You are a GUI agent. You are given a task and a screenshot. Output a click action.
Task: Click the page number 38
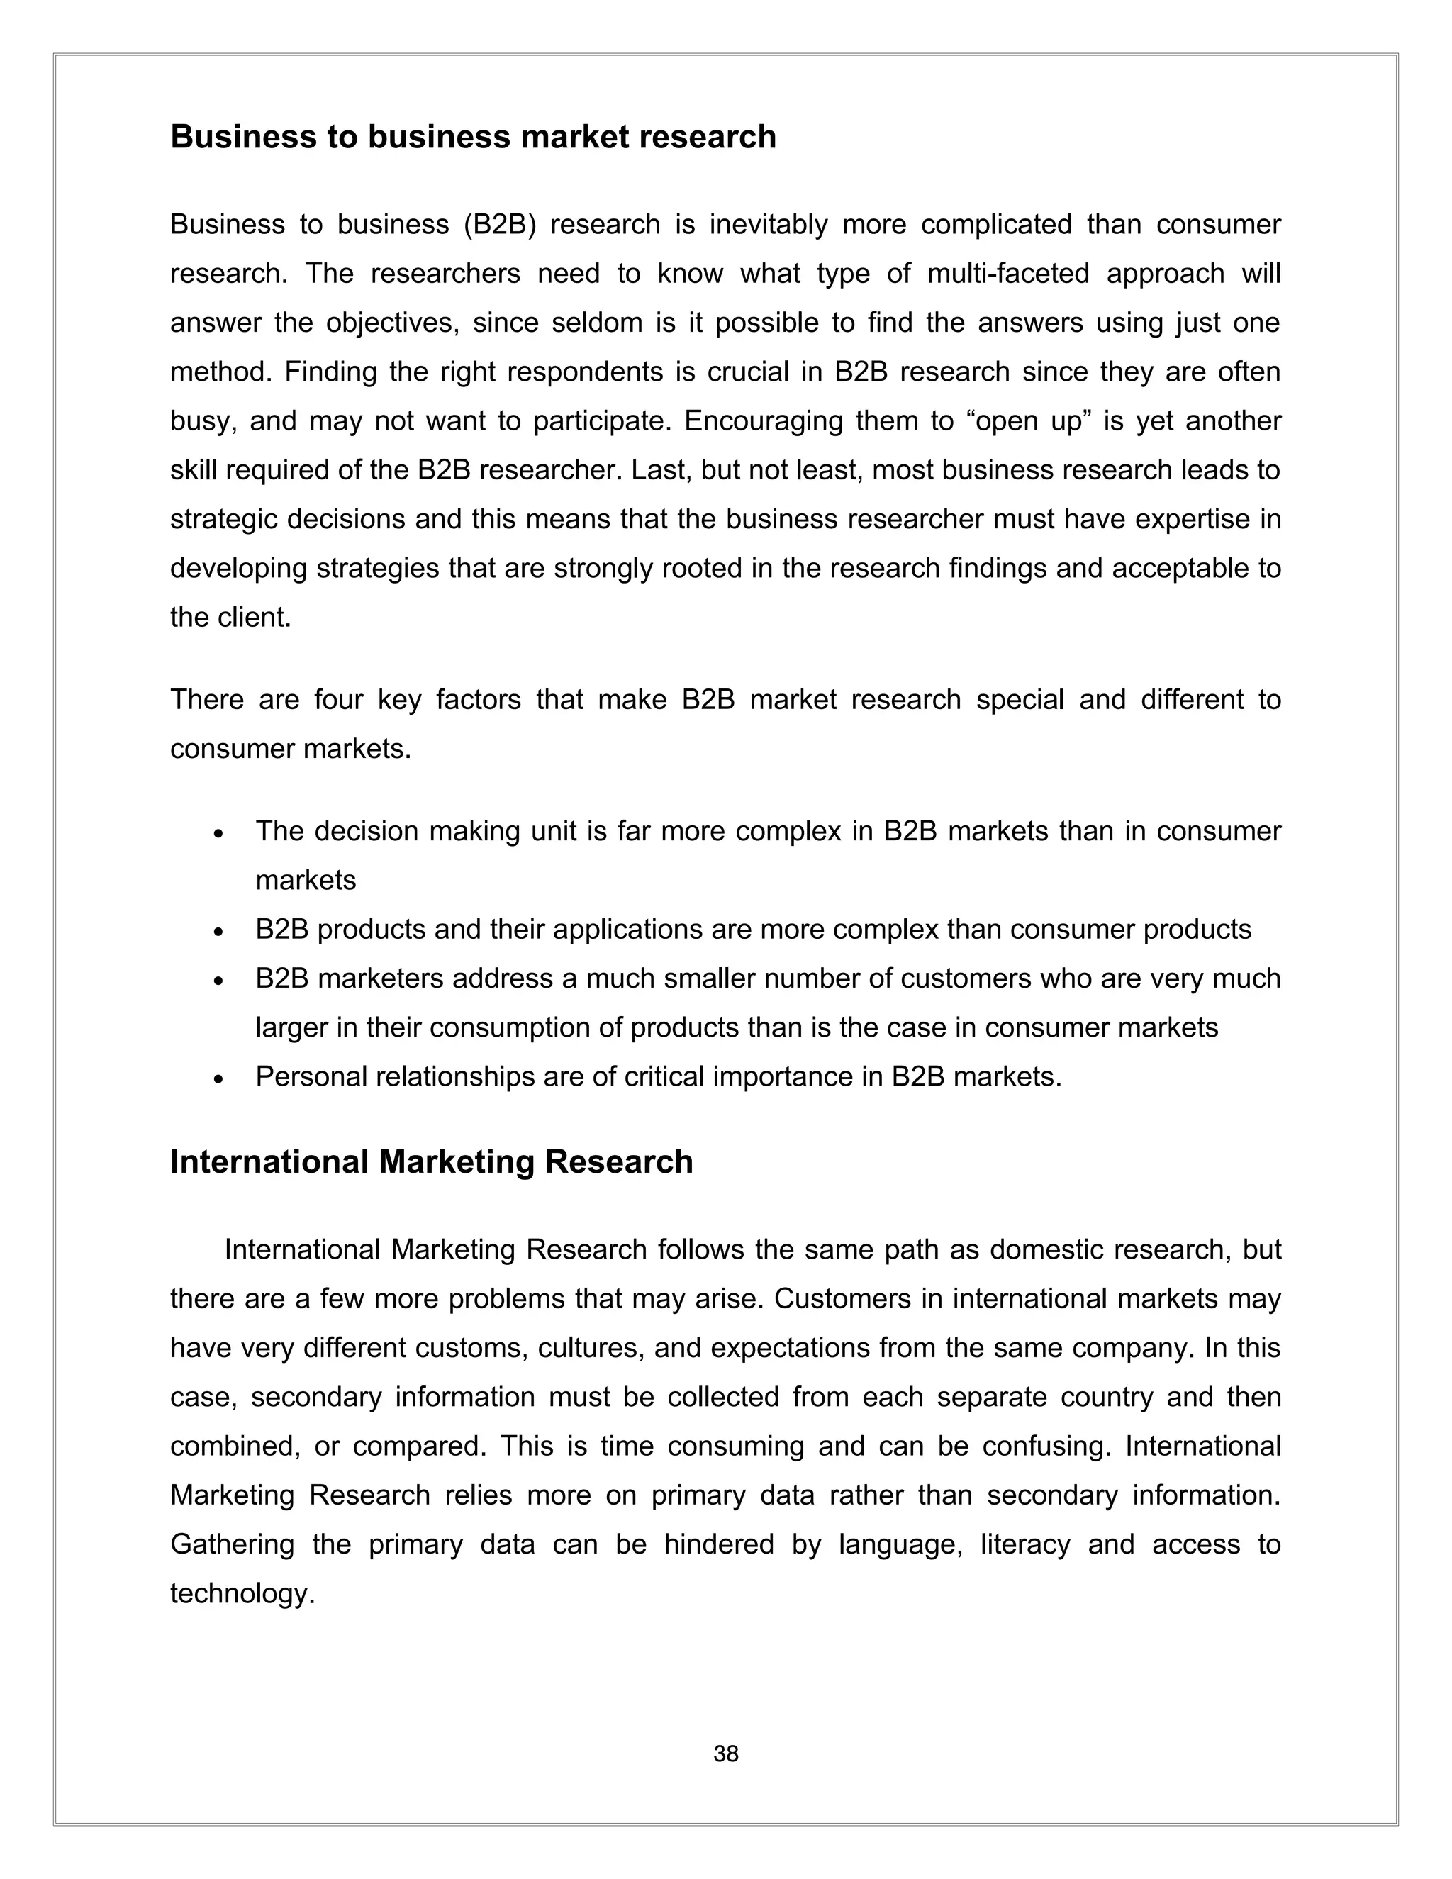725,1753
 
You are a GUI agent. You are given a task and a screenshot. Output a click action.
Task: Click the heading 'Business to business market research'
472,137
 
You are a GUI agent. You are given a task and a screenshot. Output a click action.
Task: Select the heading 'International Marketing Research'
431,1161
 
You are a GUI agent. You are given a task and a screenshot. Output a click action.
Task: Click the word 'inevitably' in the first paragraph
768,225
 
